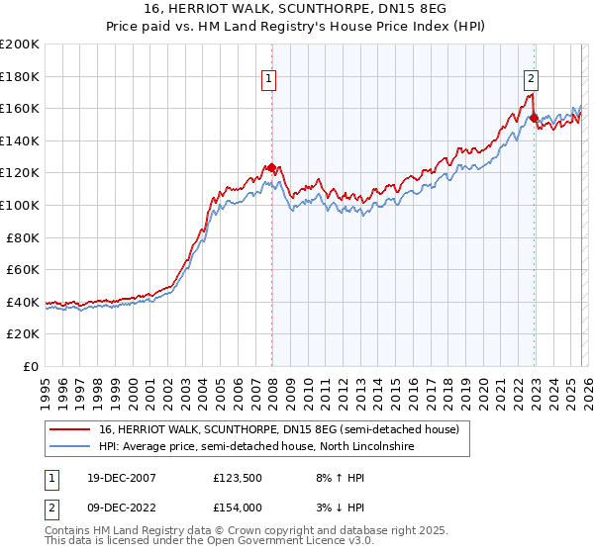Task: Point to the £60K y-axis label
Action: click(x=23, y=269)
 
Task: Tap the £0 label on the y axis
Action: click(x=32, y=366)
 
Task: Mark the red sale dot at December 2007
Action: click(x=271, y=167)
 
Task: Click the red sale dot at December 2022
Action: click(x=534, y=119)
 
